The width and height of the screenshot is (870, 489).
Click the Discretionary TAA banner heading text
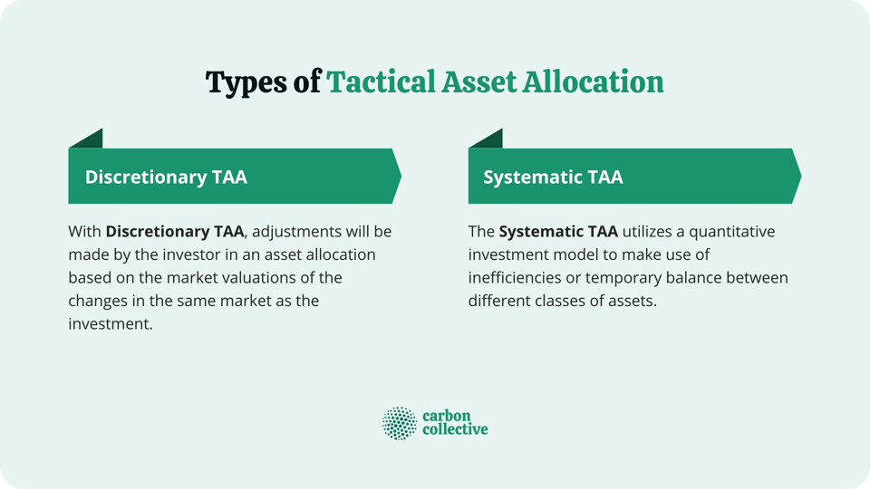click(166, 177)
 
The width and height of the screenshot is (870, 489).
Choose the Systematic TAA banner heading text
click(553, 177)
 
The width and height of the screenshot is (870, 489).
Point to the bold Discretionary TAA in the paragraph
click(174, 232)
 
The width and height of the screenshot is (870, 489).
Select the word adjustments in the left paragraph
click(301, 232)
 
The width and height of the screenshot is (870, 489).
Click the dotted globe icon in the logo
click(399, 423)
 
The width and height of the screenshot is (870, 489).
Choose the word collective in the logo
click(455, 430)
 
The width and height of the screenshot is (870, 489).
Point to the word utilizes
click(651, 232)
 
